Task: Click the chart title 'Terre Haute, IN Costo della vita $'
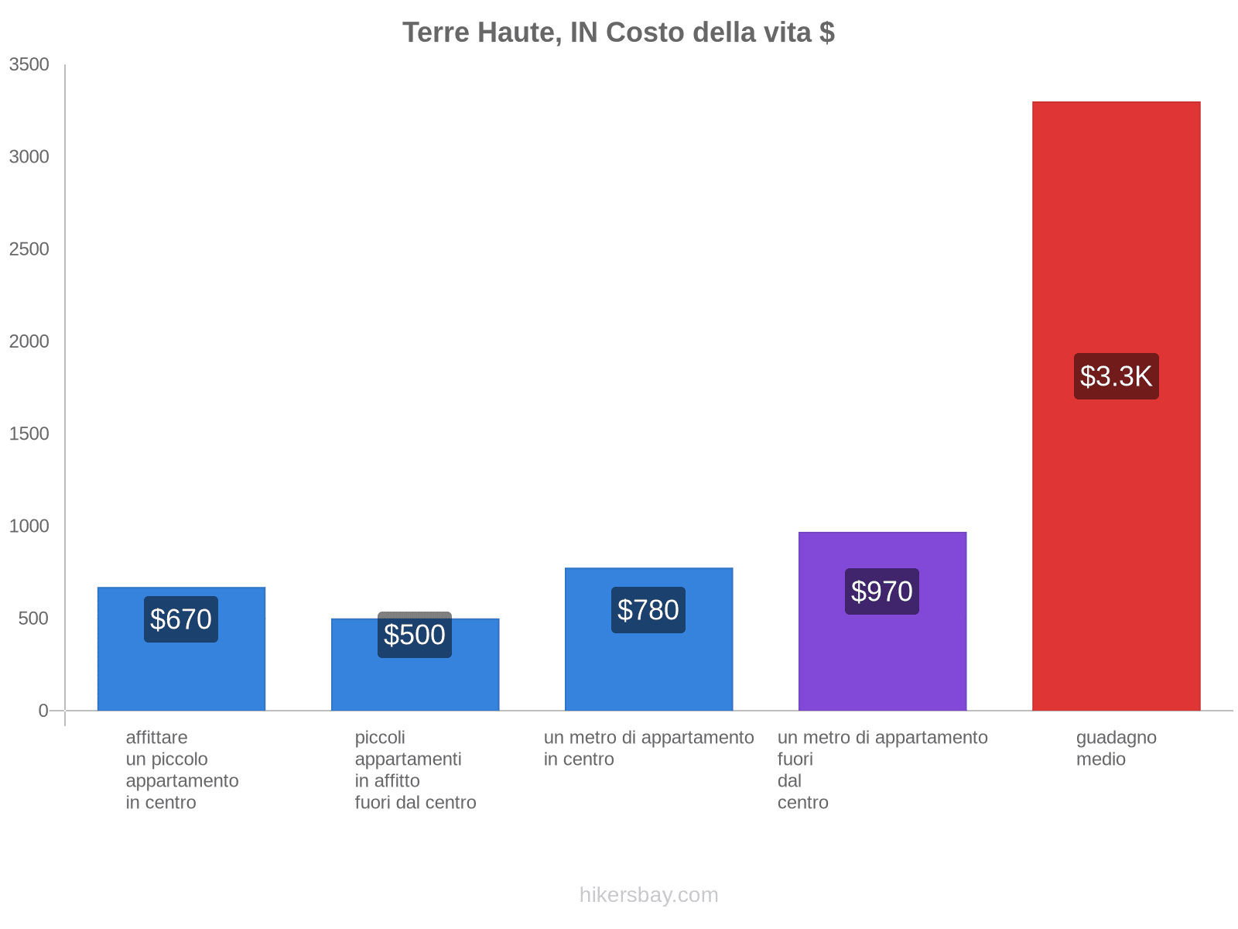coord(618,33)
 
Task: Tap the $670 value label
coord(181,619)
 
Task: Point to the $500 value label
coord(415,635)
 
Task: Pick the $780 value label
coord(648,610)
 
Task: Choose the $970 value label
coord(882,591)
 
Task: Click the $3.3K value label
coord(1116,376)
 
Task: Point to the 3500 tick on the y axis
coord(29,65)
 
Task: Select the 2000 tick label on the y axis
coord(29,341)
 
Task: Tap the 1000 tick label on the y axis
coord(29,526)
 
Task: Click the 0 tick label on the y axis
coord(43,711)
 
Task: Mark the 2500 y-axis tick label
coord(29,249)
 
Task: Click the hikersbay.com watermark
coord(648,895)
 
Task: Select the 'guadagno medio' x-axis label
coord(1116,748)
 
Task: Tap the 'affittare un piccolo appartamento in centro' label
coord(182,770)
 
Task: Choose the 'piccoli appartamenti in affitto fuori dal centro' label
coord(416,770)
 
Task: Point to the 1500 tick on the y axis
coord(29,434)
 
